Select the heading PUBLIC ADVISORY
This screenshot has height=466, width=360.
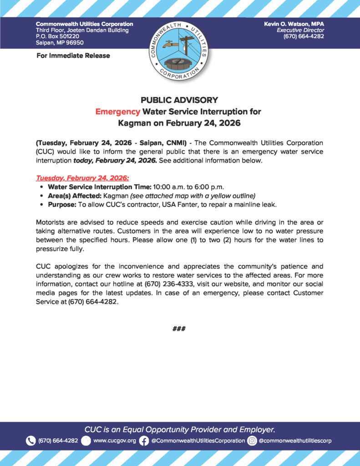(x=179, y=100)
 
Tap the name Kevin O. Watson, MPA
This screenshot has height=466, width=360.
(x=294, y=24)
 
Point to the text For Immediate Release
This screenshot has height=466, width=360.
(x=73, y=56)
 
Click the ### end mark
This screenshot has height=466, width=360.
(x=179, y=329)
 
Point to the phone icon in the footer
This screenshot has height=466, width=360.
(x=31, y=441)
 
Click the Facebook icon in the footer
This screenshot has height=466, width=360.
(x=144, y=441)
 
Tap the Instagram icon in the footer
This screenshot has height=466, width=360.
(x=252, y=441)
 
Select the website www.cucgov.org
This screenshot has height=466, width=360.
(x=115, y=441)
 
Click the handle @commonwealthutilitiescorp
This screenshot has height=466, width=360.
(x=295, y=441)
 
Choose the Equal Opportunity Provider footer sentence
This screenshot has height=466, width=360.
(x=180, y=429)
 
